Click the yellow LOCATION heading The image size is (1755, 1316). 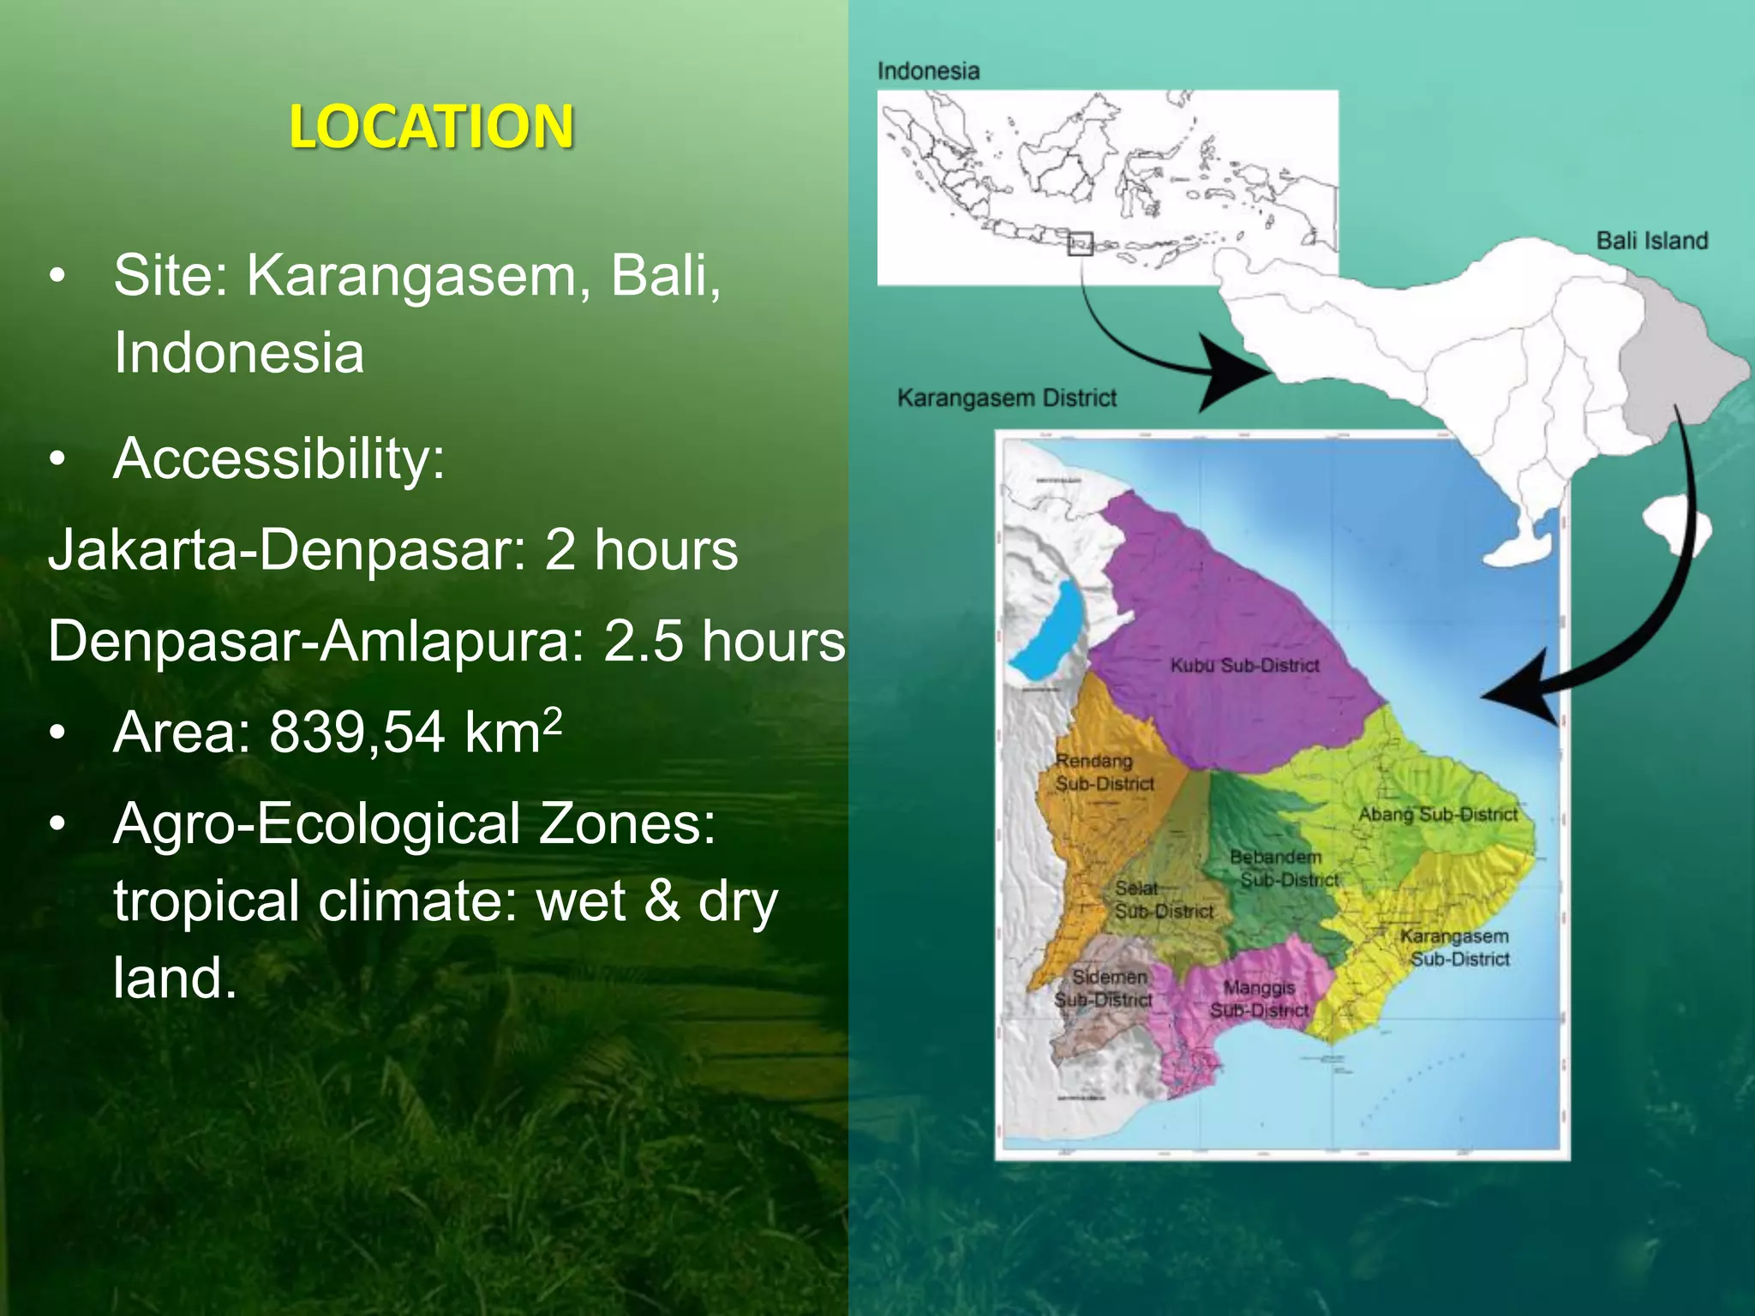431,127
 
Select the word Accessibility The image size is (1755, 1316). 279,458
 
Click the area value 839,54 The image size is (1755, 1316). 356,733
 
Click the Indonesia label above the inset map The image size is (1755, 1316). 928,71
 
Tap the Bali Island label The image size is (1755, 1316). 1651,241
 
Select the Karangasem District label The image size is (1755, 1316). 1007,398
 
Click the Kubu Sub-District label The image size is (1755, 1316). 1244,666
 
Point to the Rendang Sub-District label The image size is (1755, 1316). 1104,772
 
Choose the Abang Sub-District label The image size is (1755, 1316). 1438,814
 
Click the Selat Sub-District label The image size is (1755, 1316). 1162,900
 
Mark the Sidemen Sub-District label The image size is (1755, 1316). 1105,988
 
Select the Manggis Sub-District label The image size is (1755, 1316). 1259,999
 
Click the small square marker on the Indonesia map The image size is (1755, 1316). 1081,243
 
